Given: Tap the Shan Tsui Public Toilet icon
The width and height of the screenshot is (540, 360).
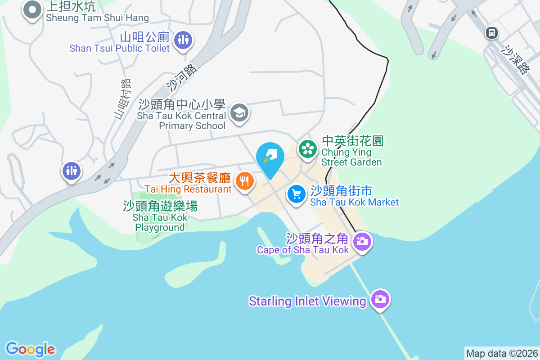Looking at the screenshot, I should (x=183, y=39).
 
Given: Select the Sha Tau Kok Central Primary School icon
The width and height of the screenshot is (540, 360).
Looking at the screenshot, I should (x=239, y=112).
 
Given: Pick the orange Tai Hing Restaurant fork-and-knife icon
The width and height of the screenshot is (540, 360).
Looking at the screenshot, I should (x=244, y=181).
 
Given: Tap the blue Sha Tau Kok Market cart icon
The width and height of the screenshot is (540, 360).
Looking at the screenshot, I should (x=297, y=194).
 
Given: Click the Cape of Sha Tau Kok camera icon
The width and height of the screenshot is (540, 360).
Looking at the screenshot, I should (x=361, y=242).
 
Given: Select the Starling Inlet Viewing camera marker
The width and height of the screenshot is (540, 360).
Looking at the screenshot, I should (x=380, y=299).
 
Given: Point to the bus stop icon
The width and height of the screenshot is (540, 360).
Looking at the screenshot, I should (x=492, y=32).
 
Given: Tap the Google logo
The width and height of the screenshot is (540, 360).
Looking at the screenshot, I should (x=31, y=349).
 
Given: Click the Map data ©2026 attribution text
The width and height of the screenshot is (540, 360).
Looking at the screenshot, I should (x=502, y=353).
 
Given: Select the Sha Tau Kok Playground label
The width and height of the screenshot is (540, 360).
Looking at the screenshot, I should (x=160, y=217).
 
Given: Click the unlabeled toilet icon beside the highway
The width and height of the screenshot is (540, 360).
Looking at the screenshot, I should (x=72, y=171).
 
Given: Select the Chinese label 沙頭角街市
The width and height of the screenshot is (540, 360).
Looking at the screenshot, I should (x=342, y=191).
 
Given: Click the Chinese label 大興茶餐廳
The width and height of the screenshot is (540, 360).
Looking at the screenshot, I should (x=200, y=178).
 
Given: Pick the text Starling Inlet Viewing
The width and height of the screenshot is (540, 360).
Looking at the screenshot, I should (x=307, y=301).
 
